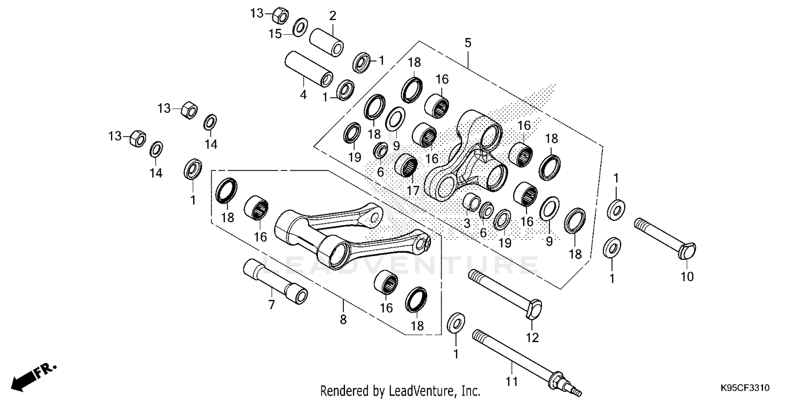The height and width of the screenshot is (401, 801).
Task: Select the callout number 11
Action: [512, 382]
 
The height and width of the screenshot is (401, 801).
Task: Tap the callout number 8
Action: [343, 320]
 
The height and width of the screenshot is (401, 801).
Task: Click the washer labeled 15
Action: [301, 25]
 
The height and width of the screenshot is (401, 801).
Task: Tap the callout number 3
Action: [467, 223]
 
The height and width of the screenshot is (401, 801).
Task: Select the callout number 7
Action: [271, 305]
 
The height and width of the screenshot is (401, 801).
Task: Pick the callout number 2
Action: [332, 16]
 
